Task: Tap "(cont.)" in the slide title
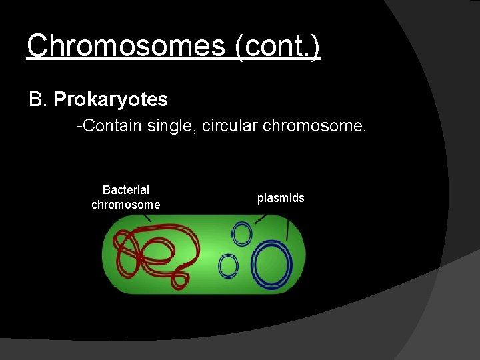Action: click(x=279, y=46)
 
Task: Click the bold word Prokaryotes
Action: click(x=111, y=100)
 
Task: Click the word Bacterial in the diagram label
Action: click(x=126, y=190)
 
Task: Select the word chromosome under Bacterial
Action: click(x=126, y=205)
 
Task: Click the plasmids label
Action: click(x=281, y=198)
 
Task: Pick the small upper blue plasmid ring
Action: click(x=241, y=234)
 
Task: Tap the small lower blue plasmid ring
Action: click(x=228, y=266)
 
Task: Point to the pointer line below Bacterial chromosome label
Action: click(x=147, y=217)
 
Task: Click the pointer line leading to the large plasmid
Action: click(x=287, y=231)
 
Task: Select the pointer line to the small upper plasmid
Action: click(x=261, y=218)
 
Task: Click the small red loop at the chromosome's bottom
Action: click(x=179, y=279)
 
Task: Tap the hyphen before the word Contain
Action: click(x=79, y=126)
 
